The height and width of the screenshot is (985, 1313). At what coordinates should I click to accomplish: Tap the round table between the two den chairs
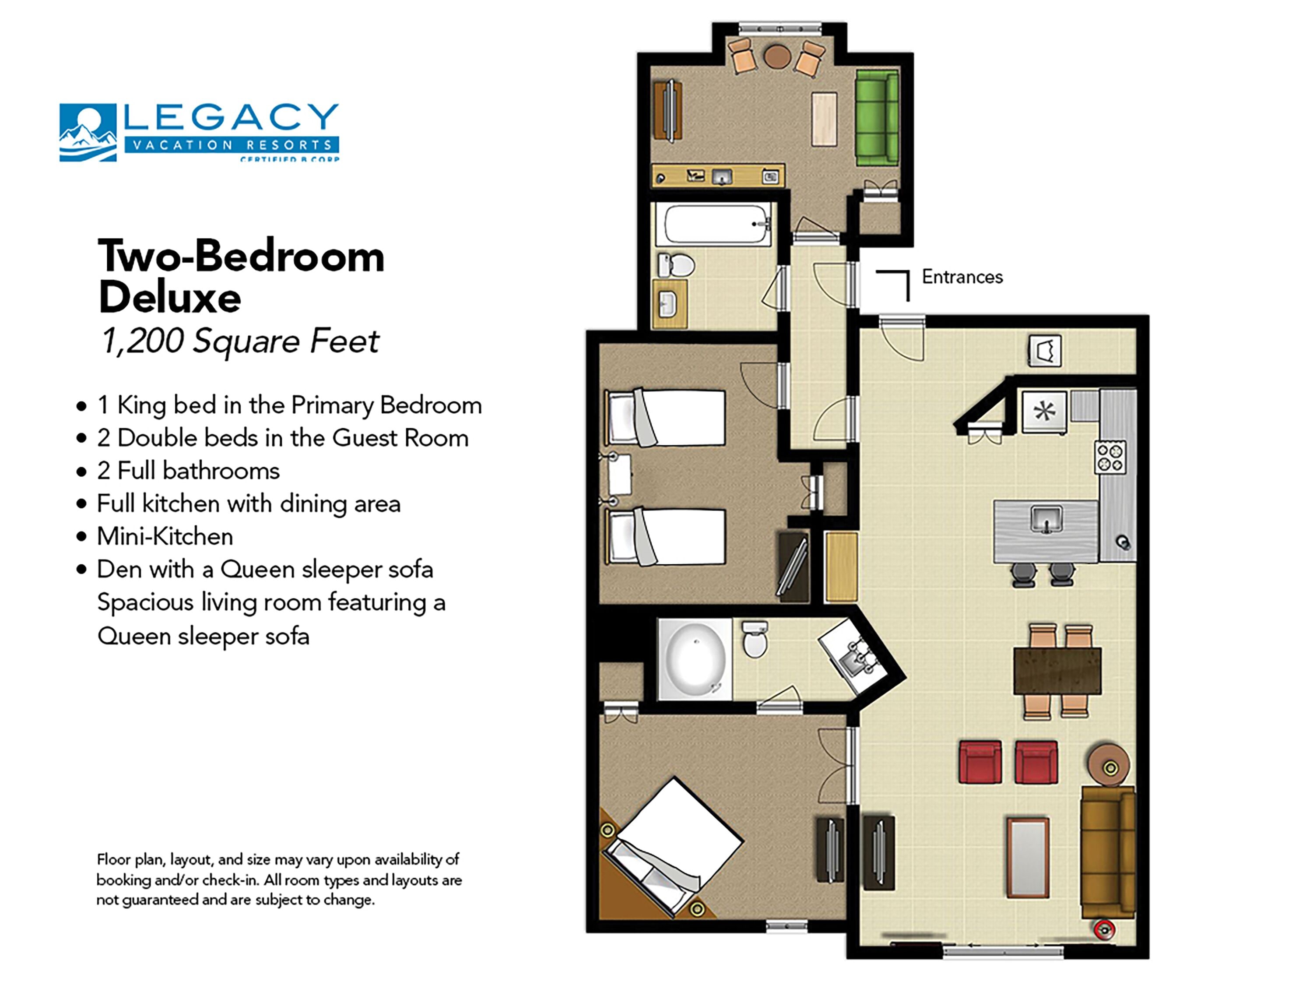click(776, 57)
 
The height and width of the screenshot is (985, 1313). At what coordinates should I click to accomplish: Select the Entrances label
click(962, 277)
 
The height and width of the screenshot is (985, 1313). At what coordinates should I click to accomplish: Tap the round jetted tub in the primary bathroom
click(695, 658)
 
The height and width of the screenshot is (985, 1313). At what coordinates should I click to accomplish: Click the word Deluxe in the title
click(170, 297)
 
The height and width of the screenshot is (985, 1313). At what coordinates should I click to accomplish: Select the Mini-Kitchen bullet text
click(165, 536)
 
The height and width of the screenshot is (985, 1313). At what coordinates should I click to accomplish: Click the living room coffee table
click(1028, 857)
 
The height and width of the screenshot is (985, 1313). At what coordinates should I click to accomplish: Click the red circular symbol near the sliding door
click(1103, 930)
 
